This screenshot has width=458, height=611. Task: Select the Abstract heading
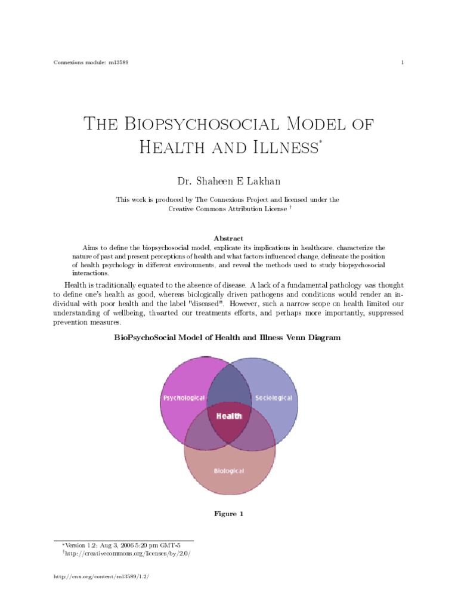pyautogui.click(x=228, y=238)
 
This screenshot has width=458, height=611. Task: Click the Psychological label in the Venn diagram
pyautogui.click(x=184, y=398)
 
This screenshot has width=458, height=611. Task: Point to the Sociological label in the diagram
pyautogui.click(x=274, y=398)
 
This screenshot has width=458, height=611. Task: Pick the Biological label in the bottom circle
pyautogui.click(x=229, y=471)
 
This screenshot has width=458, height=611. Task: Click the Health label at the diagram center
pyautogui.click(x=229, y=416)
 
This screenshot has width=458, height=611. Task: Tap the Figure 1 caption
pyautogui.click(x=228, y=514)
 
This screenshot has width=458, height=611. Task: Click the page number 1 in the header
pyautogui.click(x=403, y=63)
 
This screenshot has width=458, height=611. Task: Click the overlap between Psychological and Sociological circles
pyautogui.click(x=228, y=385)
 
